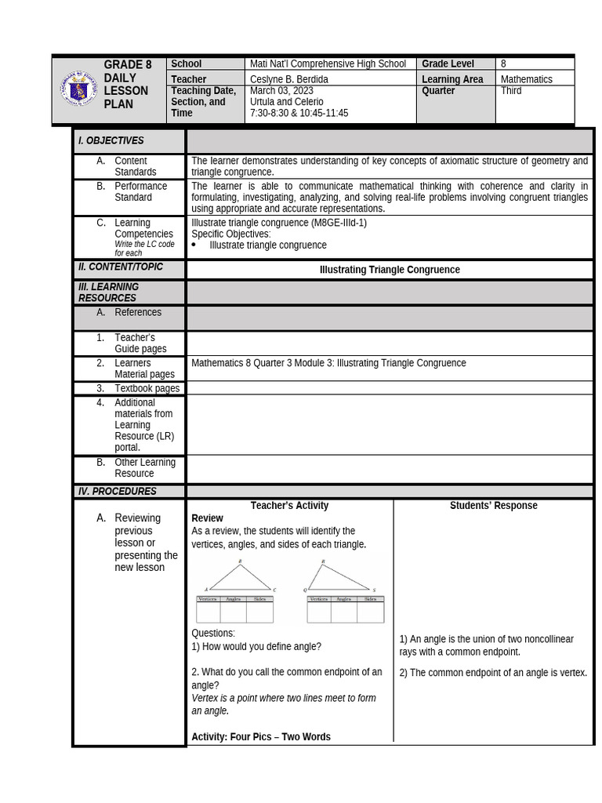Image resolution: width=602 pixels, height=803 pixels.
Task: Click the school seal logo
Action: click(x=78, y=90)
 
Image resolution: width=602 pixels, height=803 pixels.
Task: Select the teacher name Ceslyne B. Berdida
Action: click(x=290, y=79)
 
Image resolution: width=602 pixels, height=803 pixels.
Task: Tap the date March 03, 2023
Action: click(x=281, y=91)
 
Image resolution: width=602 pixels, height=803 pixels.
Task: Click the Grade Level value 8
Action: click(x=504, y=64)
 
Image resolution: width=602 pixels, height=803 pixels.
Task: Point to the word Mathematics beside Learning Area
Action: click(x=526, y=79)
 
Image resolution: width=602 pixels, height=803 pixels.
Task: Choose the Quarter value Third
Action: click(x=512, y=91)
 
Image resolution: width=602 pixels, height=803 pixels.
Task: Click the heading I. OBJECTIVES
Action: click(x=111, y=141)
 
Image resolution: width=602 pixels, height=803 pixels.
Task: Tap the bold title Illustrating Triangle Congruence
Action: click(x=390, y=270)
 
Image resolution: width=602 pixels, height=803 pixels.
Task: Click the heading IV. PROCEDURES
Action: click(x=118, y=492)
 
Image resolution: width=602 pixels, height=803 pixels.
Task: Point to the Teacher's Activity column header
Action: click(x=289, y=506)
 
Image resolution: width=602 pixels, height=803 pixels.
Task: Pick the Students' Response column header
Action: click(x=493, y=506)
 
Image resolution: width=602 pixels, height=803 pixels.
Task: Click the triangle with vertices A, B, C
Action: click(x=241, y=576)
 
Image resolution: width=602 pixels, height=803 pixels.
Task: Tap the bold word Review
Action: click(x=207, y=518)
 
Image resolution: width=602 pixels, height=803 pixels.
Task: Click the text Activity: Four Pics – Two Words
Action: click(x=261, y=737)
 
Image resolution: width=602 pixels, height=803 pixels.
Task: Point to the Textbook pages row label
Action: click(x=147, y=388)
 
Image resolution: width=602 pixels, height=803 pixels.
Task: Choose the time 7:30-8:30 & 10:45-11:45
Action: click(x=299, y=114)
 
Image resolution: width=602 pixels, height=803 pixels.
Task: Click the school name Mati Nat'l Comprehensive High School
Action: click(x=328, y=64)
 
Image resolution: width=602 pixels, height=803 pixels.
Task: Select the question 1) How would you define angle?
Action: click(x=256, y=647)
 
